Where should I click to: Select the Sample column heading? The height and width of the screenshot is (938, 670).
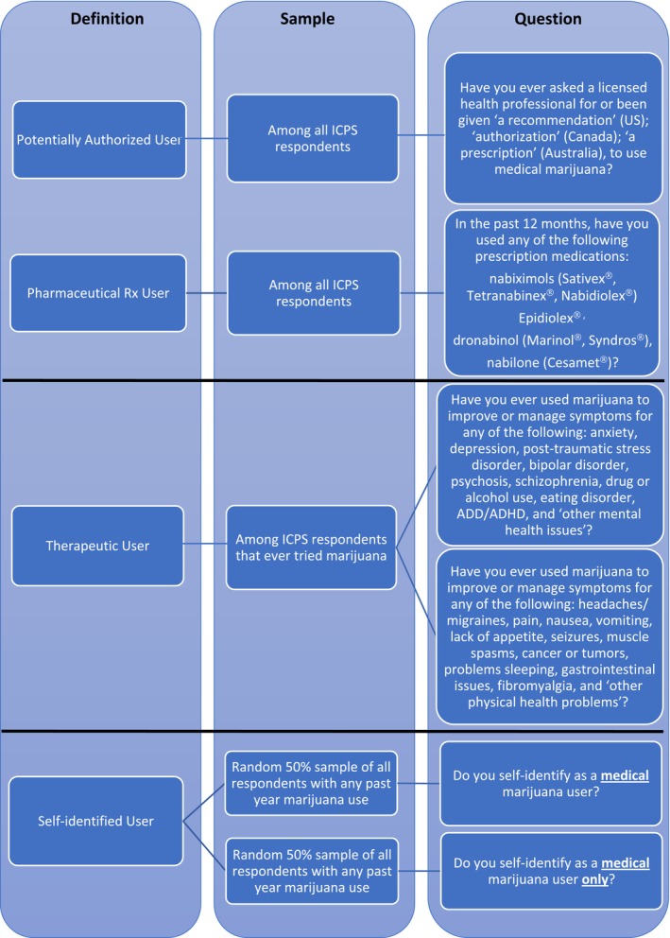click(322, 18)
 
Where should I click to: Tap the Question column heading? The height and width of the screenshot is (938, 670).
click(547, 18)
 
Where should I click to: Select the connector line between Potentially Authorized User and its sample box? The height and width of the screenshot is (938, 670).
click(199, 139)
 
